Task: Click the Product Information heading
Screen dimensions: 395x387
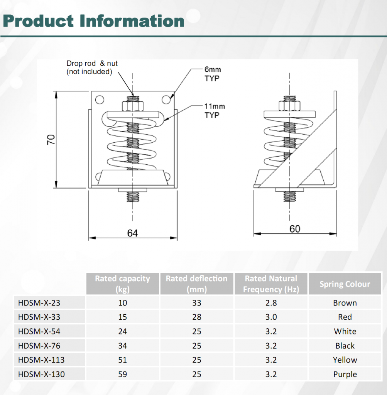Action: [x=93, y=21]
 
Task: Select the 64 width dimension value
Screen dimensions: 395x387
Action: [x=132, y=233]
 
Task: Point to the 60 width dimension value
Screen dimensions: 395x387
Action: [x=294, y=229]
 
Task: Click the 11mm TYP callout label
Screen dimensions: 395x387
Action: [x=214, y=111]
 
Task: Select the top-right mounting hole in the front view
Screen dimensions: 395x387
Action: [x=166, y=100]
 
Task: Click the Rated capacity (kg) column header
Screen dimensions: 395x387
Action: [x=122, y=284]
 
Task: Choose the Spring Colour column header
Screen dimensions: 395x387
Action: [x=345, y=284]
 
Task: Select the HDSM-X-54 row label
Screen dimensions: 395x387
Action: [x=39, y=331]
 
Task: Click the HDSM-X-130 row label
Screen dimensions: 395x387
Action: [x=41, y=374]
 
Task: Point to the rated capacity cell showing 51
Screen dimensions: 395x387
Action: [x=122, y=360]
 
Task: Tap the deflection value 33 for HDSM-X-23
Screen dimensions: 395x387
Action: [x=197, y=303]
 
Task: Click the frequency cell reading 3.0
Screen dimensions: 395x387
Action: [x=271, y=317]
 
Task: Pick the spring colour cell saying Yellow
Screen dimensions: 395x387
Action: [x=345, y=360]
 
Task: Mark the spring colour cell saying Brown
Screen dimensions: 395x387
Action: [x=345, y=303]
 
